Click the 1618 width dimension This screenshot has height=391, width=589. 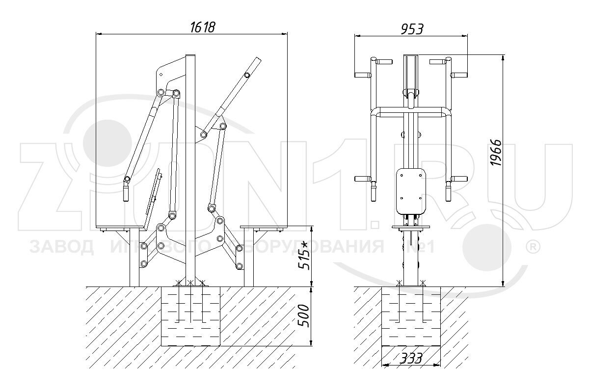[202, 27]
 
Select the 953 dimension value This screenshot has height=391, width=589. [411, 29]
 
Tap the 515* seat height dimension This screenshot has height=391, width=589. [304, 254]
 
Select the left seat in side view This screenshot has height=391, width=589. [122, 228]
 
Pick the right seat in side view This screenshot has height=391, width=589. [265, 228]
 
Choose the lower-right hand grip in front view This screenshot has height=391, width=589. [448, 191]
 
